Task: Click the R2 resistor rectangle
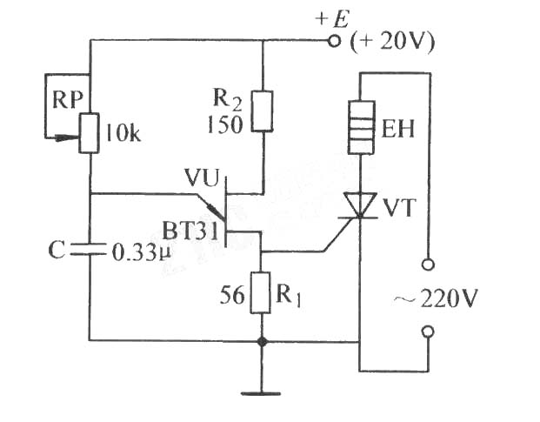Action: pos(262,111)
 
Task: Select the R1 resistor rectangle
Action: pos(260,292)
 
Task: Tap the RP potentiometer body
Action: pos(90,133)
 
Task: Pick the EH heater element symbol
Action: pos(361,127)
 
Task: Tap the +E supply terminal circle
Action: pos(333,41)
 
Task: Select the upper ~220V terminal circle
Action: pos(428,265)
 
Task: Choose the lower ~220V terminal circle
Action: pos(428,332)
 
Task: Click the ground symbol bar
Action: pos(261,393)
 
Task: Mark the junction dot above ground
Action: pos(262,342)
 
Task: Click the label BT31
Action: pos(190,231)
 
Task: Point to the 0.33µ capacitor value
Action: pos(142,253)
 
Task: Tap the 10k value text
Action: pos(123,133)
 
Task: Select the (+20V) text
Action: pos(392,43)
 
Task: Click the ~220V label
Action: pos(436,298)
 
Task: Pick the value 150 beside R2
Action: pos(225,124)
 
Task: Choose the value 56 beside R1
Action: pos(232,295)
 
